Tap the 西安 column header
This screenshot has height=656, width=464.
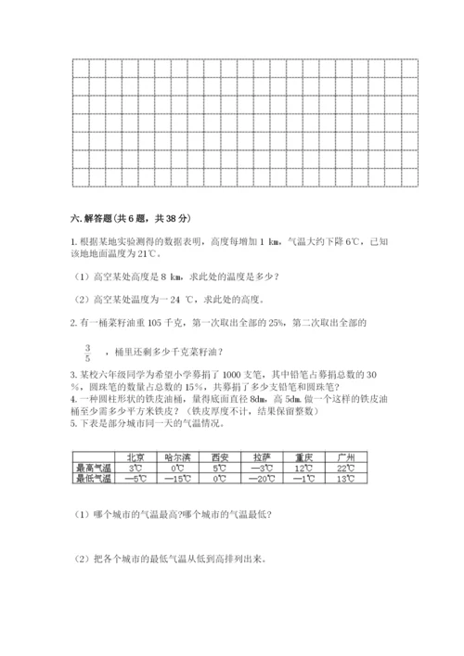[x=220, y=457]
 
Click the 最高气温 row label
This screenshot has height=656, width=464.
[x=92, y=469]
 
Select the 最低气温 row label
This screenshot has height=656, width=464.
[x=92, y=479]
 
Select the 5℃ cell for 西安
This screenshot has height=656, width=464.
[x=220, y=469]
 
